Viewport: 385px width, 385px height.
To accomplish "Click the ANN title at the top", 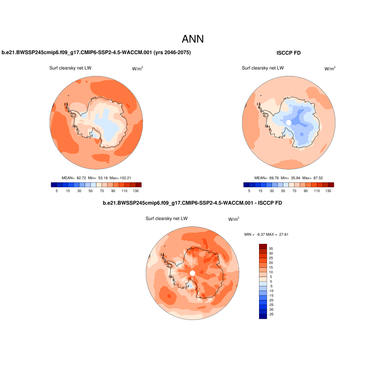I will tap(192, 39).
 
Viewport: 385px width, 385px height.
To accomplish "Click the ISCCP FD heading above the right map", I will tap(288, 53).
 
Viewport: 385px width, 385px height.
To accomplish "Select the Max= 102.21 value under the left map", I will tap(121, 178).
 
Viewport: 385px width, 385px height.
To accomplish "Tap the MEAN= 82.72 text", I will tap(74, 178).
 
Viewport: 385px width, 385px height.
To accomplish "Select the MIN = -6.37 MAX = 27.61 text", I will tap(266, 234).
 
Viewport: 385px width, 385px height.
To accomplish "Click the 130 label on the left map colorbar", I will tap(136, 191).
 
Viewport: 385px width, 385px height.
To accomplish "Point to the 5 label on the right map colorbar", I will tap(249, 191).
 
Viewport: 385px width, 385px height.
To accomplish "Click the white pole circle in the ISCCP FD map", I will tap(289, 123).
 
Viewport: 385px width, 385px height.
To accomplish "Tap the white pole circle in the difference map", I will tap(192, 273).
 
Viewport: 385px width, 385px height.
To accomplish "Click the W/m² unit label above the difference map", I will tap(233, 219).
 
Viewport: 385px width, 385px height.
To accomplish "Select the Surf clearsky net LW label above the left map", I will tap(70, 68).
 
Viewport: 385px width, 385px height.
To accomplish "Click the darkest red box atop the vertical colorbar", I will tap(263, 246).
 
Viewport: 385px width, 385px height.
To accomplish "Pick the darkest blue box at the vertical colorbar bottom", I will tap(263, 316).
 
